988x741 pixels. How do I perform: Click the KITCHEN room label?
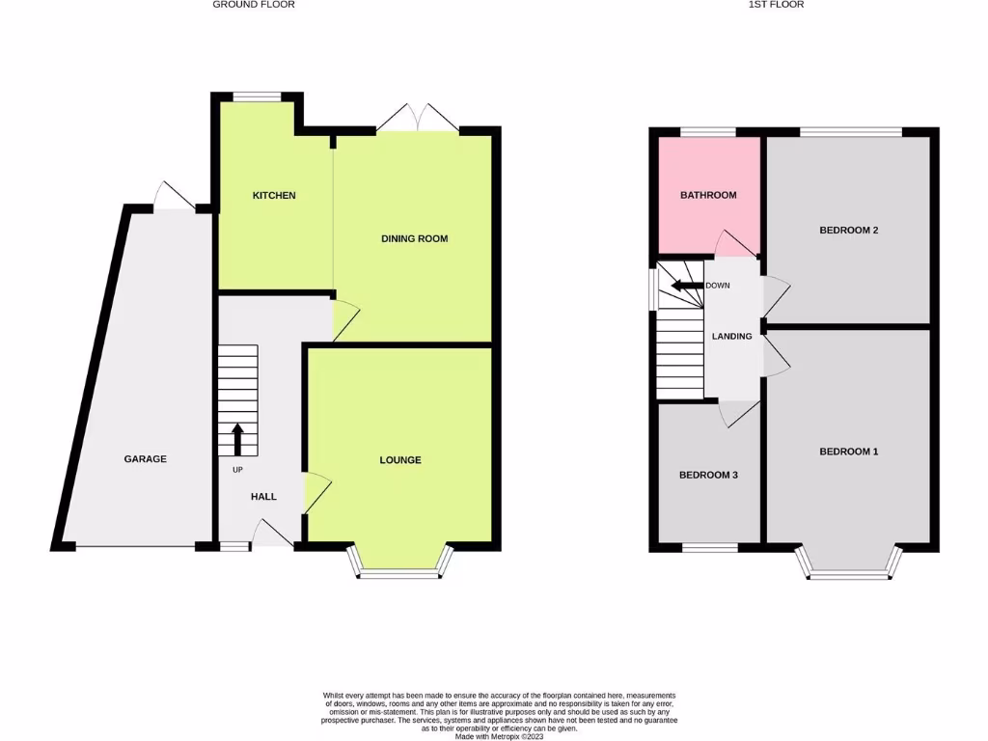click(274, 196)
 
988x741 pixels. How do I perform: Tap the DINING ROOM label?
click(415, 238)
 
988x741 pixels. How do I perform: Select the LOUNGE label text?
click(399, 460)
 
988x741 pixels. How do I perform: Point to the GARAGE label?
click(145, 459)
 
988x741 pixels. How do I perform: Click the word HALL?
click(263, 497)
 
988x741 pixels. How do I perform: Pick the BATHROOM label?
click(708, 195)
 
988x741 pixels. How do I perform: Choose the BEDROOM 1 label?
click(849, 452)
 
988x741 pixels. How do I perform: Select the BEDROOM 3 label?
click(708, 475)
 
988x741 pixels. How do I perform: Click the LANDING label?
click(732, 337)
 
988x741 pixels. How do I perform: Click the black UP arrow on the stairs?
click(237, 439)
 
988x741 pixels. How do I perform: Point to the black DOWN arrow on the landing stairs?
click(687, 286)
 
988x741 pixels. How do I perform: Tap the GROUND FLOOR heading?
click(254, 5)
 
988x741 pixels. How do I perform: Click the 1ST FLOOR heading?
click(776, 5)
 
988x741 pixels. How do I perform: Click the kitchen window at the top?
click(257, 96)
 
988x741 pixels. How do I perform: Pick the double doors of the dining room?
click(418, 119)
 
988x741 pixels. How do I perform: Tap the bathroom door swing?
click(734, 242)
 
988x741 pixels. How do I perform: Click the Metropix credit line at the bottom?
click(498, 735)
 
